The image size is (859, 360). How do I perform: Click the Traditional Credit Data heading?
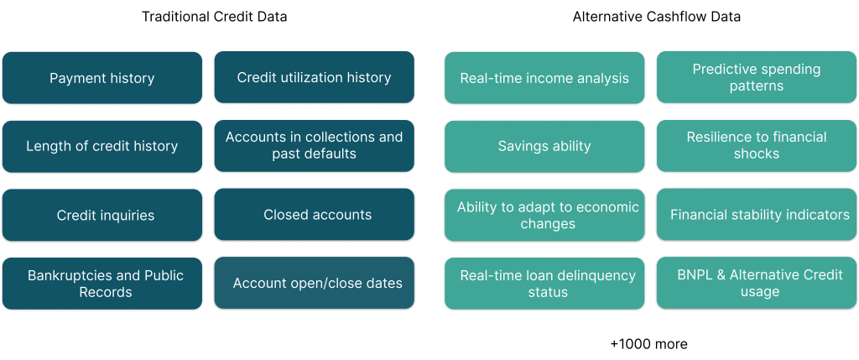coord(214,17)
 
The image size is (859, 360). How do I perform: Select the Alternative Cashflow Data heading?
coord(656,17)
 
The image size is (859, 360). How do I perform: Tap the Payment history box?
coord(102,78)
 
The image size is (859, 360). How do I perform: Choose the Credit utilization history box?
coord(314,77)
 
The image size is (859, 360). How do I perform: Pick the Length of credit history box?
coord(102,146)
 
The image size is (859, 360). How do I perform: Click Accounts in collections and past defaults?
coord(314,146)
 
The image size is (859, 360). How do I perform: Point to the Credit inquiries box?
coord(102,215)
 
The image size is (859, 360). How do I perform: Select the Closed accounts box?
coord(314,214)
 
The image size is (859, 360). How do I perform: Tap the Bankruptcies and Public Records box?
coord(102,284)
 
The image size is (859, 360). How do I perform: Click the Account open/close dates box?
coord(314,283)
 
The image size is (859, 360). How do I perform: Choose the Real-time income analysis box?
coord(544,78)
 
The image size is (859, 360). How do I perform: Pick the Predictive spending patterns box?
coord(757,77)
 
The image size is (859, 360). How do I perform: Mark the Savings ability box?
coord(544,146)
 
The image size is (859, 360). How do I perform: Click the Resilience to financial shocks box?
coord(757,146)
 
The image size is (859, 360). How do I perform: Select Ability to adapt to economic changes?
coord(544,215)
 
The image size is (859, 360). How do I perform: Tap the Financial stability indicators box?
coord(757,214)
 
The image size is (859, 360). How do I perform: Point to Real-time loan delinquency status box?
coord(544,284)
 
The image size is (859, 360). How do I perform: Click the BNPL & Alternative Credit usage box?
coord(757,283)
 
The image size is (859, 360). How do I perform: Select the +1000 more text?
coord(648,344)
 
